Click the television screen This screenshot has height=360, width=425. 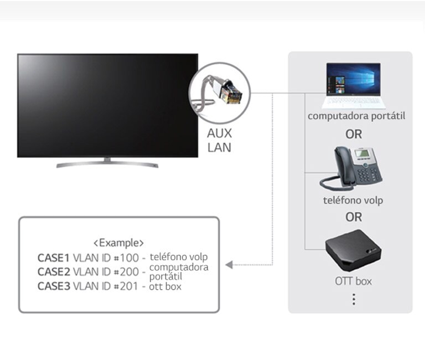pyautogui.click(x=107, y=105)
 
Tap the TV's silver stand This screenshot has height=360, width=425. pyautogui.click(x=107, y=163)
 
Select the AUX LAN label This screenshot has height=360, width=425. pyautogui.click(x=219, y=140)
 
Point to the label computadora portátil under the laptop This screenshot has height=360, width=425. pyautogui.click(x=356, y=116)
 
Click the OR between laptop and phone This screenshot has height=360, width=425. pyautogui.click(x=354, y=134)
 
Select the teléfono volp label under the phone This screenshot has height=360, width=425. pyautogui.click(x=353, y=200)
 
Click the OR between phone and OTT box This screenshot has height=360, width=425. pyautogui.click(x=354, y=217)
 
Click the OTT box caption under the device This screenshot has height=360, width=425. pyautogui.click(x=353, y=281)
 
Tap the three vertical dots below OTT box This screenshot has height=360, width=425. pyautogui.click(x=354, y=299)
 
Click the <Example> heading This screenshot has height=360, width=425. pyautogui.click(x=118, y=243)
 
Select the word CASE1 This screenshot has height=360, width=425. pyautogui.click(x=54, y=258)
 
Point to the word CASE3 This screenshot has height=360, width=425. pyautogui.click(x=54, y=286)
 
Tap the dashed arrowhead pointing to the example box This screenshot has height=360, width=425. pyautogui.click(x=229, y=264)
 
